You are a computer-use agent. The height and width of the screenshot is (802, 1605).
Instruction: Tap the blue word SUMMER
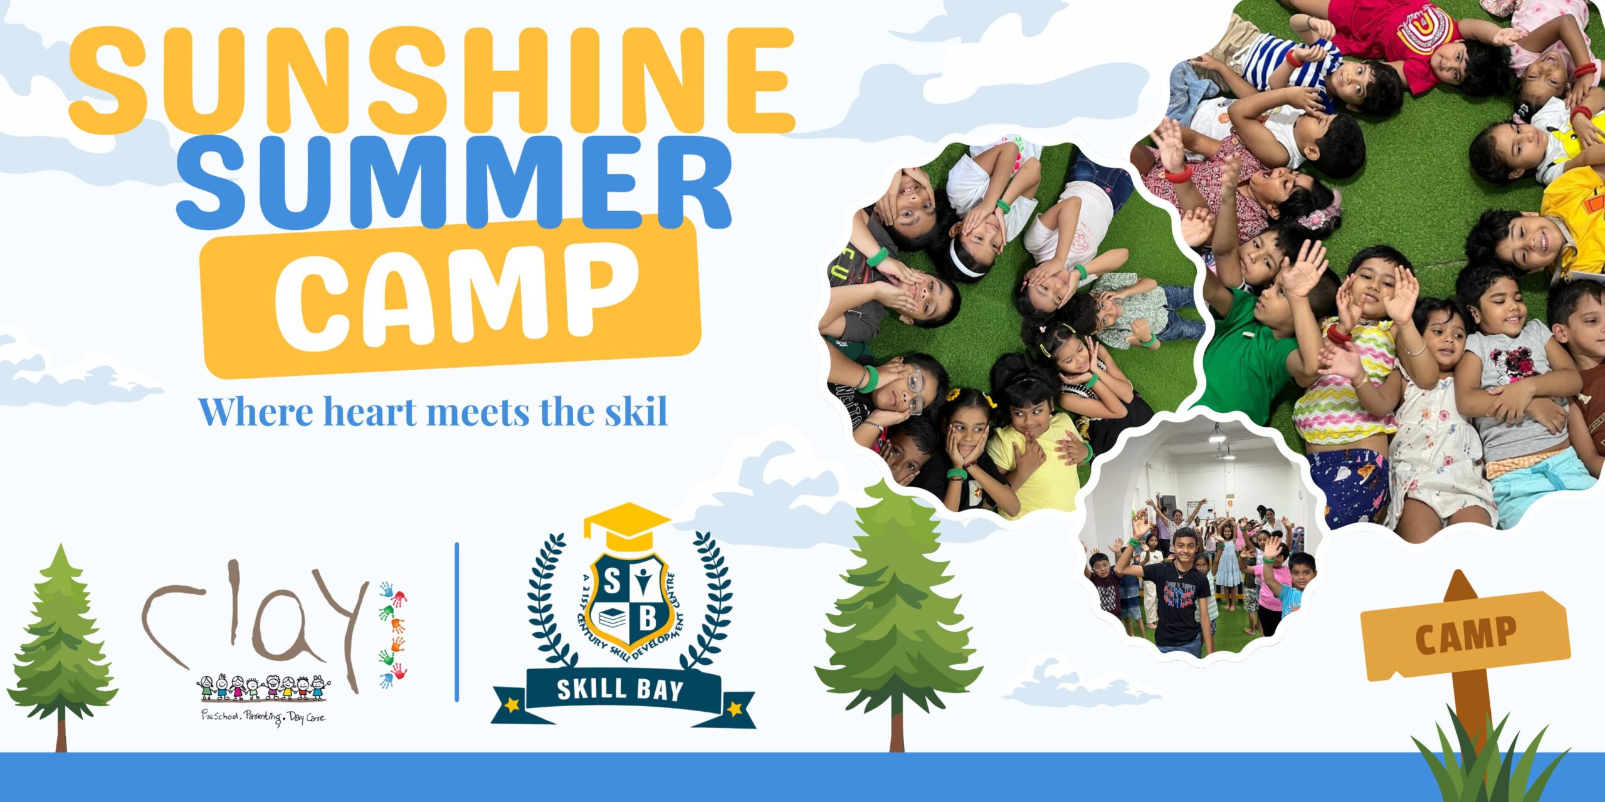[x=454, y=182]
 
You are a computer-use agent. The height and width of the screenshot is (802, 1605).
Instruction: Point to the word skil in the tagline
[x=636, y=412]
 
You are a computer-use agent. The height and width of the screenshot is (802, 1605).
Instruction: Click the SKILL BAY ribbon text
[x=619, y=689]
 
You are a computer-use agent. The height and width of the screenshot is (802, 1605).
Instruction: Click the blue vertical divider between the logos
[x=457, y=622]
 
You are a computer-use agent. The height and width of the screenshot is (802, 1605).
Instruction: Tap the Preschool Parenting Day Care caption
[x=263, y=717]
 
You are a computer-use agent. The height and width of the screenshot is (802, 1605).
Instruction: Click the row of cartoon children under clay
[x=264, y=687]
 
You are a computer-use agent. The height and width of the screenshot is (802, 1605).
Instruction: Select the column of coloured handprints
[x=392, y=634]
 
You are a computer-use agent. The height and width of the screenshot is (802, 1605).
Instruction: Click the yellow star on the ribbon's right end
[x=734, y=709]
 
